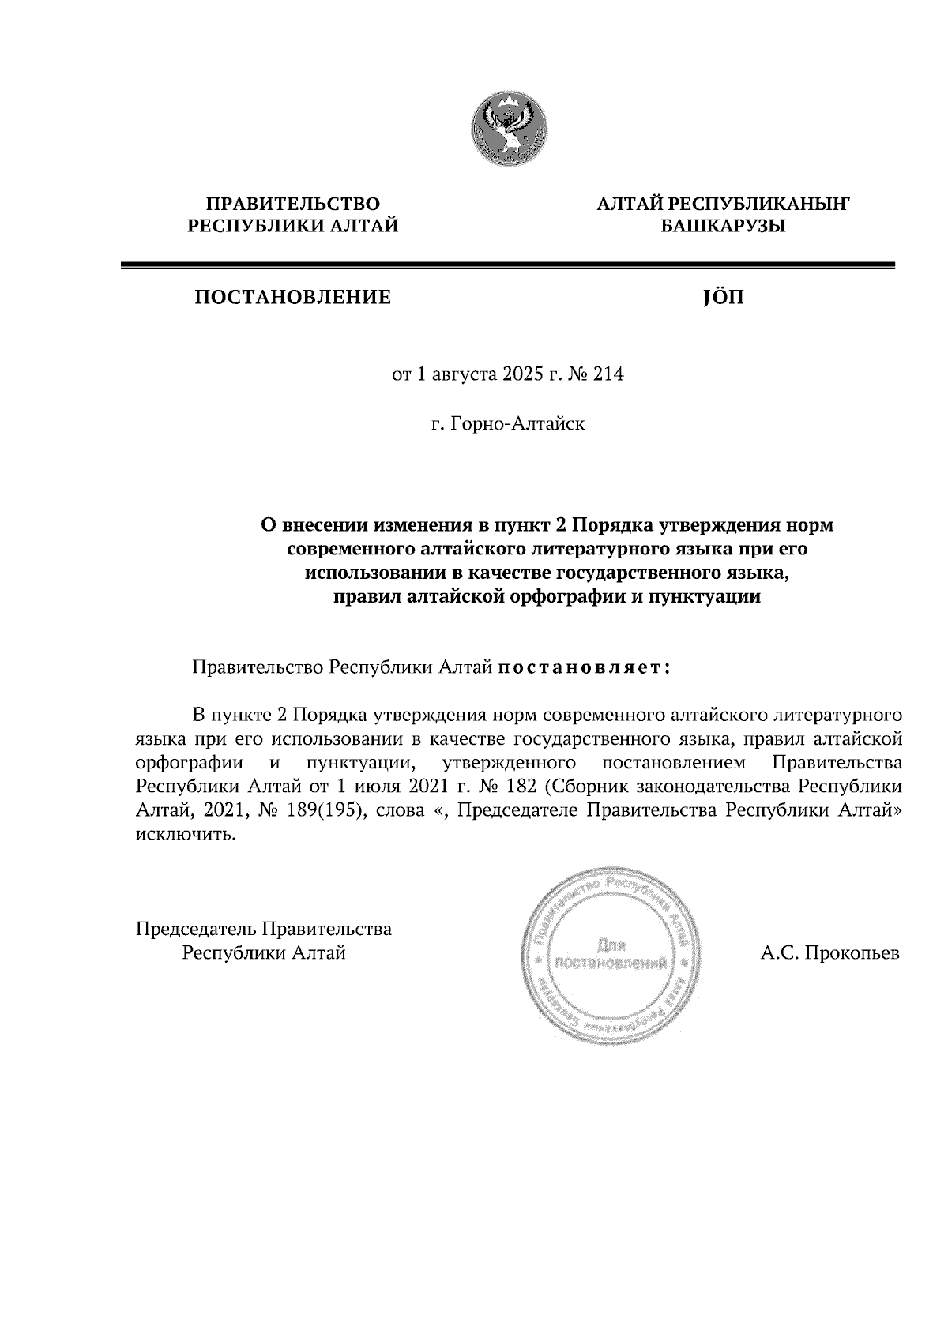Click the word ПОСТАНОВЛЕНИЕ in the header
coord(292,298)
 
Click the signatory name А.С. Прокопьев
coord(829,953)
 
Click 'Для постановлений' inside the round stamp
coord(612,954)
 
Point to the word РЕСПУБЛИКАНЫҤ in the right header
coord(759,205)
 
